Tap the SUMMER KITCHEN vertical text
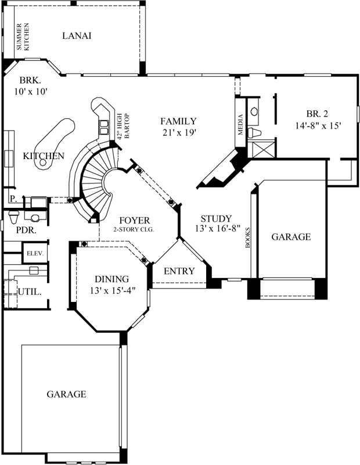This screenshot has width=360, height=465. point(22,37)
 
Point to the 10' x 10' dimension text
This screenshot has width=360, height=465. point(31,91)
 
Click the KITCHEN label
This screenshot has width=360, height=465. point(44,156)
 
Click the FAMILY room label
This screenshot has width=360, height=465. point(179,121)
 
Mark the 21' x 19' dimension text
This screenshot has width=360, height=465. point(179,132)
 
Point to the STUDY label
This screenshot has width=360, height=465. point(216,219)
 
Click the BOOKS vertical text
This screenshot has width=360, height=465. point(248,237)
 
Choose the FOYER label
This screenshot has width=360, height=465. point(135,220)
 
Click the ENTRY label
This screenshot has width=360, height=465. point(179,271)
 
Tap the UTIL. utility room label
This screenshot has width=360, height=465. point(30,291)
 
